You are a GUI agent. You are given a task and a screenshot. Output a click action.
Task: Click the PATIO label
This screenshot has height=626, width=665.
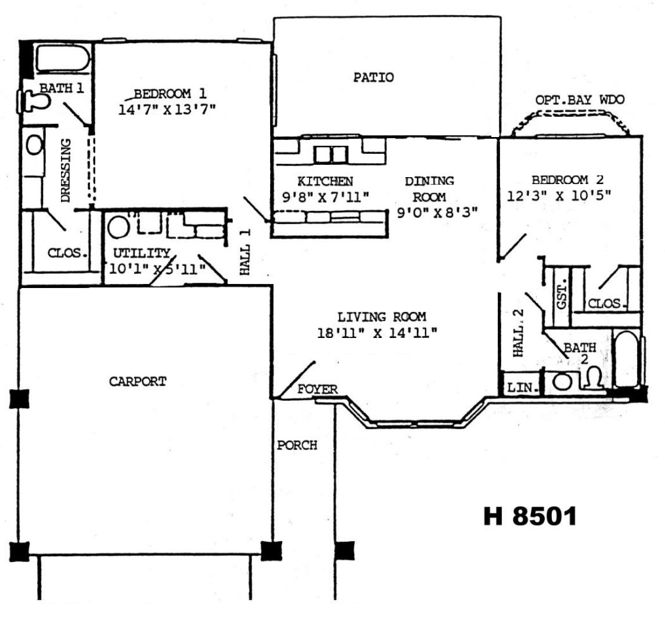pos(373,77)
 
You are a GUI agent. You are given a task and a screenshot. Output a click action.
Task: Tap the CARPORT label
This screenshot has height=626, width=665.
pos(138,382)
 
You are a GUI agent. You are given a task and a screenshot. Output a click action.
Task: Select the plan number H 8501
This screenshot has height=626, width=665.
pos(530,516)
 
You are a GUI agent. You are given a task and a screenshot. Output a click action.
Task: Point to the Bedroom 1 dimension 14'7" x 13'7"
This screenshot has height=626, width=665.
pos(167,109)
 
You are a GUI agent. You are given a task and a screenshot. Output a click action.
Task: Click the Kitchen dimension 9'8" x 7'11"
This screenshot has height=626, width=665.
pos(326,197)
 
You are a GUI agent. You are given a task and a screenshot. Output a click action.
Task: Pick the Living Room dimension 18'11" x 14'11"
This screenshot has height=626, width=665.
pos(377,333)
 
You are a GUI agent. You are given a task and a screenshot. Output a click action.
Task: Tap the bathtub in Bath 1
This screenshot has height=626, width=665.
pos(63,58)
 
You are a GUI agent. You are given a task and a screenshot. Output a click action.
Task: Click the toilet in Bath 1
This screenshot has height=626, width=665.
pos(35,102)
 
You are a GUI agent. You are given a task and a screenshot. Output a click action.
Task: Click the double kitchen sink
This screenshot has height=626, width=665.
pos(331,154)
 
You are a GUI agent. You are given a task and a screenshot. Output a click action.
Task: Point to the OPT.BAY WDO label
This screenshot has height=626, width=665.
pos(580,100)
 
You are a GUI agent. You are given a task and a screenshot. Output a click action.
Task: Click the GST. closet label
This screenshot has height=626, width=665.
pos(562,293)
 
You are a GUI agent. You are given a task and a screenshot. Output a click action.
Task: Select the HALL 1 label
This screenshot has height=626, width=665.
pos(245,251)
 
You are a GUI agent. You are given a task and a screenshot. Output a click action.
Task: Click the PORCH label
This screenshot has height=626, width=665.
pos(297,445)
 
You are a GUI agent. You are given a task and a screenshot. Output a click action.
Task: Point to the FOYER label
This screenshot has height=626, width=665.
pos(318,389)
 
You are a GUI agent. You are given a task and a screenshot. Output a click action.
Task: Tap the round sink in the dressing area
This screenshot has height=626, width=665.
pos(34,145)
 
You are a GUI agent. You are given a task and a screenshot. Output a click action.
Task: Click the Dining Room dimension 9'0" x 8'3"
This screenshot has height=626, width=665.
pos(437,212)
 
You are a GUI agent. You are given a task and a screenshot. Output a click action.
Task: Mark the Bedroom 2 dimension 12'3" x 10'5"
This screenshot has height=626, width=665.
pos(559,196)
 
